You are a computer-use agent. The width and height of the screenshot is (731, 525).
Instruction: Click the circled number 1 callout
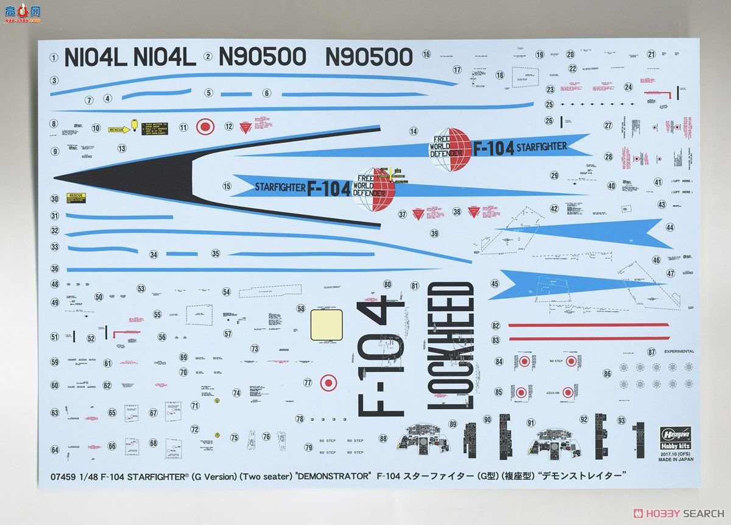point(54,59)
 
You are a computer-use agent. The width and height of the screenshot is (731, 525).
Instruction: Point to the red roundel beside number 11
point(206,127)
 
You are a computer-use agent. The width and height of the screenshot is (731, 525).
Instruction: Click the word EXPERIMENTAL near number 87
point(679,351)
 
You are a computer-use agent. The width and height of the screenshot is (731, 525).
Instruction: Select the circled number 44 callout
point(670,227)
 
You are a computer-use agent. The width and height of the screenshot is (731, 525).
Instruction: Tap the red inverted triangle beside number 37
point(418,214)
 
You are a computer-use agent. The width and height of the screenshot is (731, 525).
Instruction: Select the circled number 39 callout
point(434,233)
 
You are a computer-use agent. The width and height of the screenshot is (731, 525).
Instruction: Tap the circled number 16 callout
point(426,54)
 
